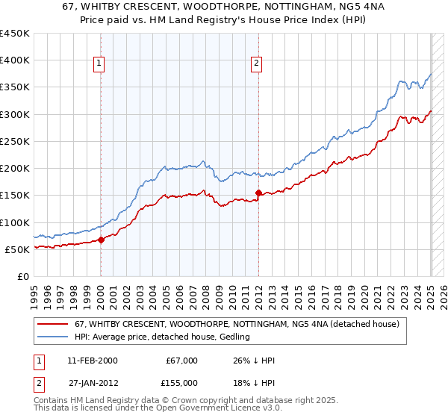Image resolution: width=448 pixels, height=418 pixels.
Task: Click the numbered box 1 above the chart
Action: click(100, 64)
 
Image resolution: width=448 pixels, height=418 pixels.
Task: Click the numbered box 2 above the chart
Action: click(256, 64)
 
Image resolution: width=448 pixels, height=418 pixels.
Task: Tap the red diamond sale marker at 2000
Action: click(102, 240)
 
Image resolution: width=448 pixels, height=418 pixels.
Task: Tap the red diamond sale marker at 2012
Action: click(258, 193)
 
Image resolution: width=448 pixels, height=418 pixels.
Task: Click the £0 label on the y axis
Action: click(24, 276)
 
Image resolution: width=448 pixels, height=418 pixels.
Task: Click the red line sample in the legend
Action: click(54, 324)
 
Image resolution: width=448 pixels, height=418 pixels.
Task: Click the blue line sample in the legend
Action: click(54, 337)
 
